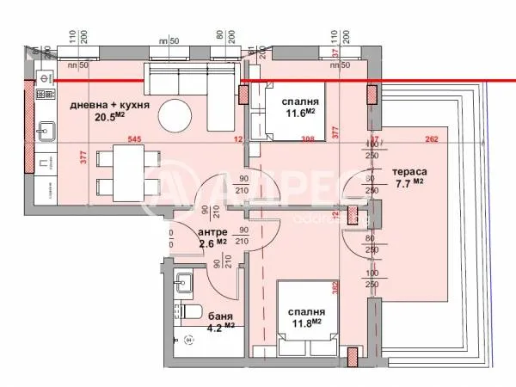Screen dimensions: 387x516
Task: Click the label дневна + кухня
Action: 111,106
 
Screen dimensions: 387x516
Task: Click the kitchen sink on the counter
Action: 45,132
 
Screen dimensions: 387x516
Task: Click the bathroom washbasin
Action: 182,280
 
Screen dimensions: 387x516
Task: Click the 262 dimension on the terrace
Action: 433,139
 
